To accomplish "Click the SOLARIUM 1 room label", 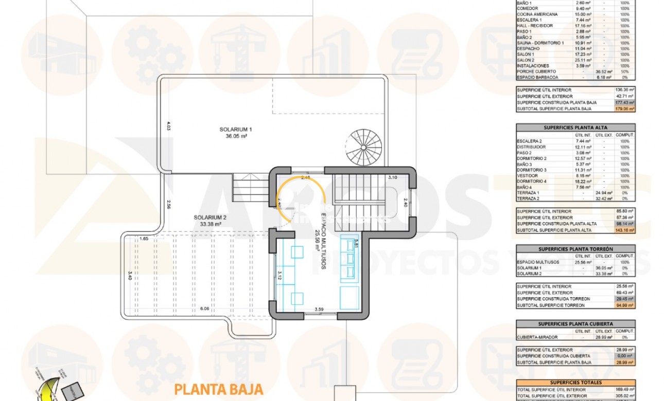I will (x=235, y=133).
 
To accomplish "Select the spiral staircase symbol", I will (x=364, y=147).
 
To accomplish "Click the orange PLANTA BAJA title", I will (x=219, y=389).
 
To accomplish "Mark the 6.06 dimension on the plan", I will (x=205, y=309).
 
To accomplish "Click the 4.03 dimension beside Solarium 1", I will (x=168, y=125).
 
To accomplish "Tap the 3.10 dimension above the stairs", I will (x=393, y=177).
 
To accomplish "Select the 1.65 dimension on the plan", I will (x=144, y=239).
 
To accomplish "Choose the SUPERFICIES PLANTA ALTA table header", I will (x=575, y=127).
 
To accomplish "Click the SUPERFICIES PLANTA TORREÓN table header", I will (x=575, y=249).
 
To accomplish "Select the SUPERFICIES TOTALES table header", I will (x=575, y=382).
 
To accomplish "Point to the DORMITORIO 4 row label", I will (x=532, y=181).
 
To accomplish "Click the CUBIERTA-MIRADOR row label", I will (x=536, y=338).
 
